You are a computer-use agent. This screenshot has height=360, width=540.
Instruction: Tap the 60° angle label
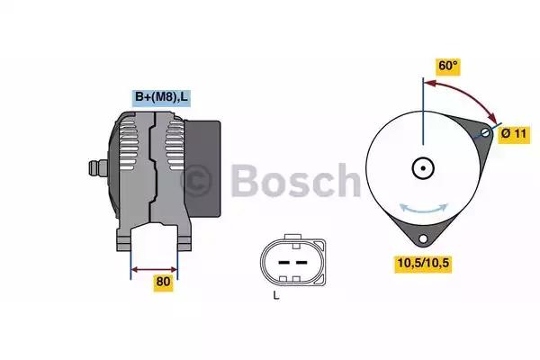447,67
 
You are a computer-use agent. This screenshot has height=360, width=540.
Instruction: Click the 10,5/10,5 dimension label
422,263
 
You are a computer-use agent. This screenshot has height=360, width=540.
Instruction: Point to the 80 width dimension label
163,282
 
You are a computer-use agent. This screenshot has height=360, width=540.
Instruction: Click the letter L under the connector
275,296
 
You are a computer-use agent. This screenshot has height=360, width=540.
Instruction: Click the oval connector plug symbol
288,262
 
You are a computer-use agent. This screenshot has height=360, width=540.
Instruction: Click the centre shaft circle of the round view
422,168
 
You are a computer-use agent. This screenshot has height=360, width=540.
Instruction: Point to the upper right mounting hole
486,132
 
